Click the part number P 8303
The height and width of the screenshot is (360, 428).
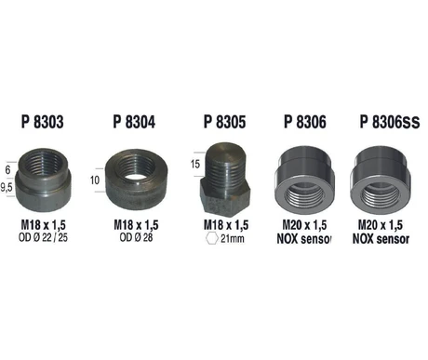pos(43,122)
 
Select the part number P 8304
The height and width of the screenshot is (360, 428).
pos(134,122)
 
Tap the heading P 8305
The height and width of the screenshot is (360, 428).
pos(225,122)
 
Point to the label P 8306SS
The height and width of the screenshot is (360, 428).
pos(390,122)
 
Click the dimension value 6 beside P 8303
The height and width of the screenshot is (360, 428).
pos(7,169)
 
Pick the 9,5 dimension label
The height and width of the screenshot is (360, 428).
pos(7,187)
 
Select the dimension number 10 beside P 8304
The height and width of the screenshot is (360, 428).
pos(95,180)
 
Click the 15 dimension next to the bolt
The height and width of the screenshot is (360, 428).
pos(195,164)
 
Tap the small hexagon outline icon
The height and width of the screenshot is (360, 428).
pos(212,238)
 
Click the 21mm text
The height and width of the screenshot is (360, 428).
pos(233,238)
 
